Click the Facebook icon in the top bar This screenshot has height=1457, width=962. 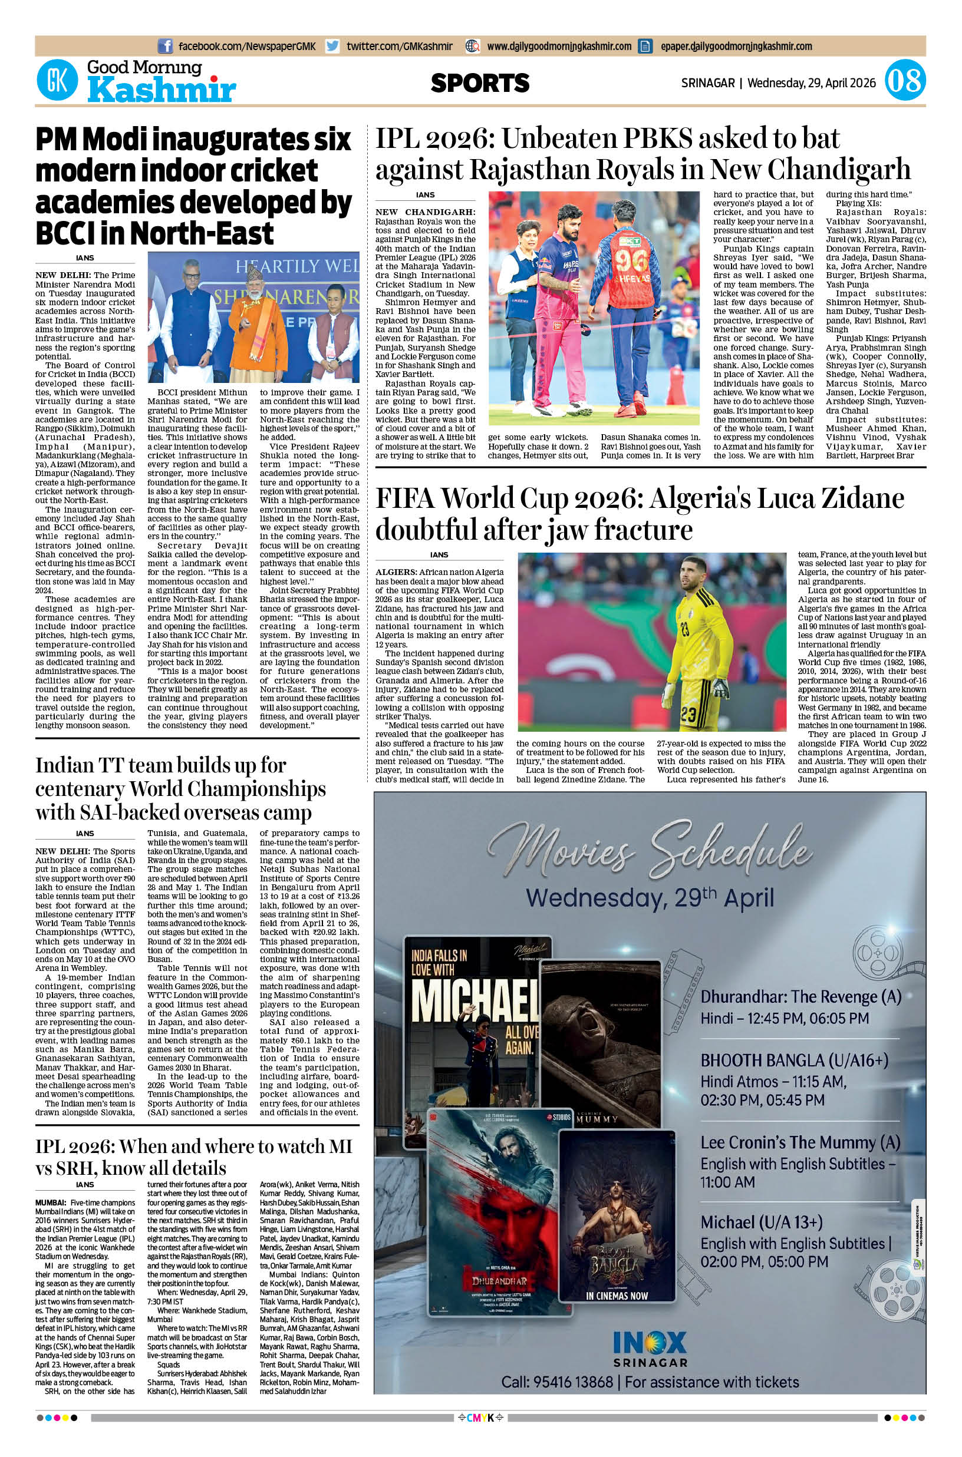(x=164, y=46)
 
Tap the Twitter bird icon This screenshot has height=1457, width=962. (x=332, y=46)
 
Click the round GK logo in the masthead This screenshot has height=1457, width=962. (x=57, y=81)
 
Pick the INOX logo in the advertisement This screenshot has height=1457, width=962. (x=650, y=1343)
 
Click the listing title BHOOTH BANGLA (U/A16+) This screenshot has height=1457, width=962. (x=795, y=1078)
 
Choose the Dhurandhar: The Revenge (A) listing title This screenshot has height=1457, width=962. (x=800, y=996)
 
